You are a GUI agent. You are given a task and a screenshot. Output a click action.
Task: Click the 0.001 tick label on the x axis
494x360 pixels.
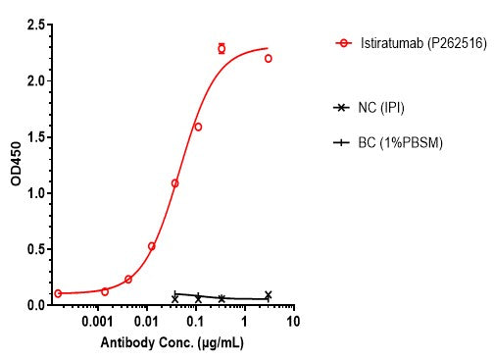96,322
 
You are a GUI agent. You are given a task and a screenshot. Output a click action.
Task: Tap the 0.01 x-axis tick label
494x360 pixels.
147,322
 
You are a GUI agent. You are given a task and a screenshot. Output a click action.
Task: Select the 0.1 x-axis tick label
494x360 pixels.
196,322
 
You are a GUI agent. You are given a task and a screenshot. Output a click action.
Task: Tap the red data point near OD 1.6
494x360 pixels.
198,127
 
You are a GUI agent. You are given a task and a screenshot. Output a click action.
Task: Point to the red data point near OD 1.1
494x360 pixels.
174,183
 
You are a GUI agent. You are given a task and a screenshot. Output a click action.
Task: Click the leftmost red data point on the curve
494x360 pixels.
58,293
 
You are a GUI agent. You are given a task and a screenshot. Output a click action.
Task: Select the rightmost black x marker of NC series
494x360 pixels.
268,294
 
